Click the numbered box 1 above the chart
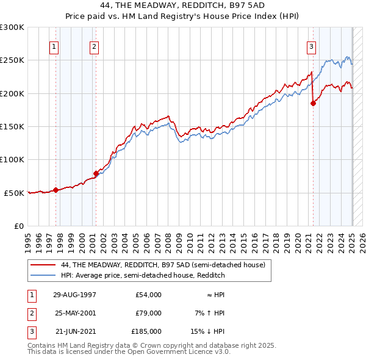54,46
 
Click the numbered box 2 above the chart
94,46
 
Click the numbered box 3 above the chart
311,46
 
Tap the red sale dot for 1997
56,190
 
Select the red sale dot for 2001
96,173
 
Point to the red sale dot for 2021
313,103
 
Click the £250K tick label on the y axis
12,60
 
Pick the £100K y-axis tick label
12,159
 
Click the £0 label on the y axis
18,226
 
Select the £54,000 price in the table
148,294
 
